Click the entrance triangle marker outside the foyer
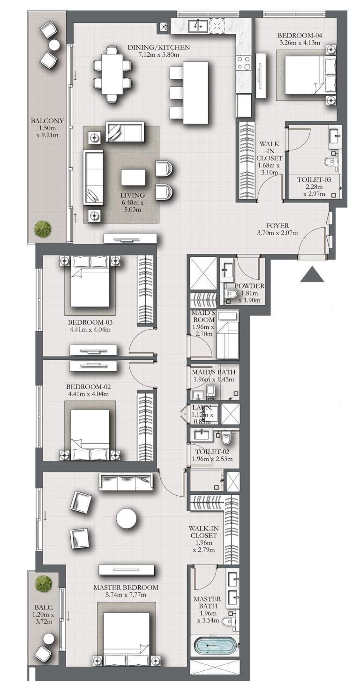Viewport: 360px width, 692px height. [312, 275]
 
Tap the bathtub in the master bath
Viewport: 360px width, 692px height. [215, 646]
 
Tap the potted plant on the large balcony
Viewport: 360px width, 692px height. [43, 229]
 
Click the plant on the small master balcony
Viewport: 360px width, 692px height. [44, 583]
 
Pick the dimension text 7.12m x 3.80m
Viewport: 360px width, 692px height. [158, 55]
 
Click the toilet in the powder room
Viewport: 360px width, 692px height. [230, 294]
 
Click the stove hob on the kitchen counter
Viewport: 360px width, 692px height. [244, 63]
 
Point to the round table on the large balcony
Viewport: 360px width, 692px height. [54, 45]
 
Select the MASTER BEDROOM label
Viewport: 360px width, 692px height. [126, 588]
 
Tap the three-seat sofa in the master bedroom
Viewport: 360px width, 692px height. [126, 482]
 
